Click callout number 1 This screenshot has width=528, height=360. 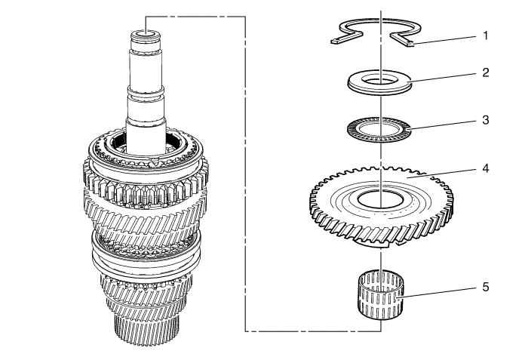point(485,35)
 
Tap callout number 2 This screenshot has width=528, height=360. point(485,72)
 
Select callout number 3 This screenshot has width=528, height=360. point(485,120)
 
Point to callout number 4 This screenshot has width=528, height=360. point(485,168)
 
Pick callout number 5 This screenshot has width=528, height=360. point(485,288)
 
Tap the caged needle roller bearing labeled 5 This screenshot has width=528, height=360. point(380,294)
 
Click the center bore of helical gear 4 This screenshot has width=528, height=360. point(380,199)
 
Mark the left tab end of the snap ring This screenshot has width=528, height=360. point(334,42)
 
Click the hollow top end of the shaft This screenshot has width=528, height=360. point(146,33)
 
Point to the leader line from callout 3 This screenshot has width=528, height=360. point(444,125)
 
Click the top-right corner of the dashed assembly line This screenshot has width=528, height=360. point(245,16)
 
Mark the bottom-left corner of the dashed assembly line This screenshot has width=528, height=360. point(245,331)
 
